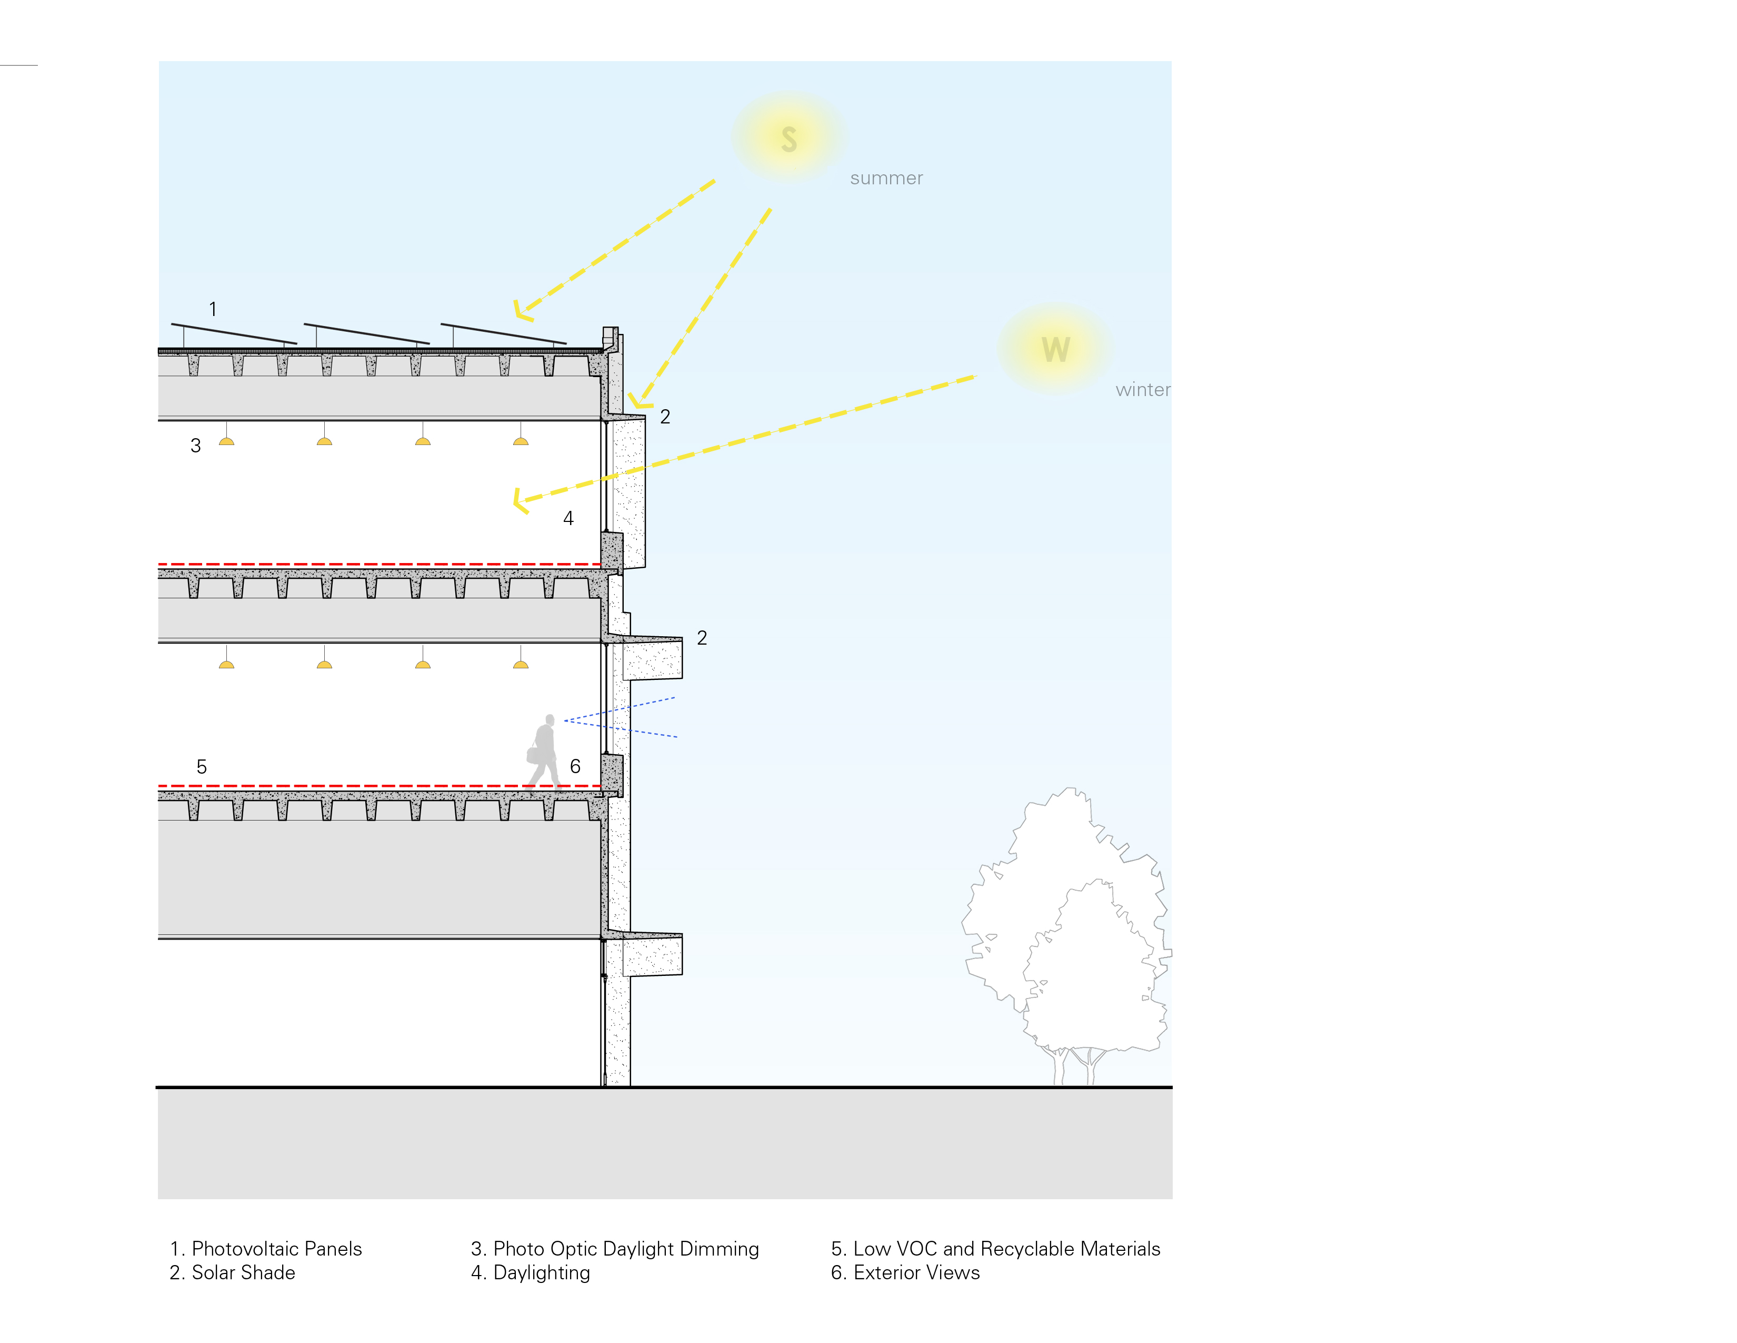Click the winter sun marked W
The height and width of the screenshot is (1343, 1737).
pyautogui.click(x=1055, y=349)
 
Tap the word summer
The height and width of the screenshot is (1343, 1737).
pyautogui.click(x=886, y=178)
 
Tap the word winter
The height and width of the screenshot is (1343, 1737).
pyautogui.click(x=1142, y=390)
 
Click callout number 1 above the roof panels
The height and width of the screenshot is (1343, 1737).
pyautogui.click(x=212, y=309)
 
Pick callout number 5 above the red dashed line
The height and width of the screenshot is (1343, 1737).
pyautogui.click(x=201, y=767)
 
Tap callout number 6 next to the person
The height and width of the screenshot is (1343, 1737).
pyautogui.click(x=575, y=766)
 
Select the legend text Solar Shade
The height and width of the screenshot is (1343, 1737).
pyautogui.click(x=243, y=1272)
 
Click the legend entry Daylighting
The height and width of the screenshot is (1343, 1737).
pyautogui.click(x=541, y=1272)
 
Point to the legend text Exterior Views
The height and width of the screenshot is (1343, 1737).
pyautogui.click(x=915, y=1272)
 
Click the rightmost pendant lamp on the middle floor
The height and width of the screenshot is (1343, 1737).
pyautogui.click(x=521, y=664)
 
